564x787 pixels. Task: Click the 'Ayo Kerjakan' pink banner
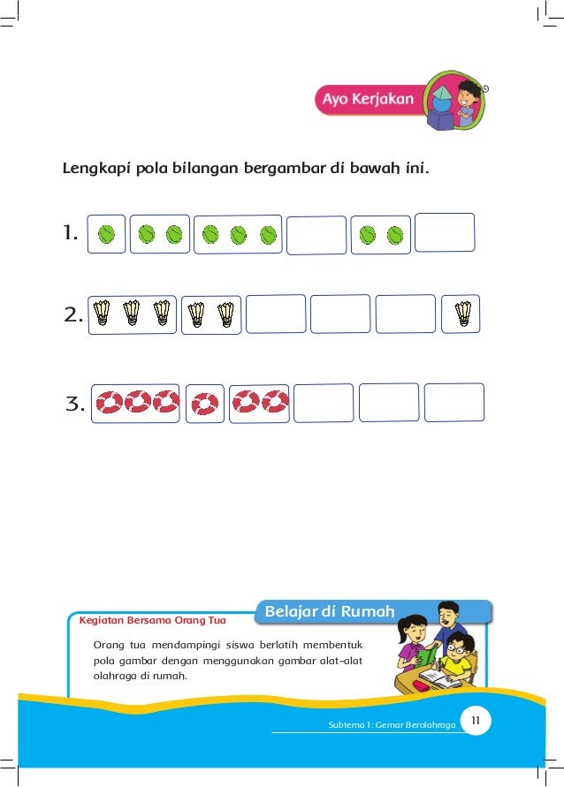tap(367, 100)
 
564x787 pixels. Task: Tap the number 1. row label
tap(71, 234)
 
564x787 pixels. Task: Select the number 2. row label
tap(73, 314)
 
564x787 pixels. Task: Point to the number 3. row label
tap(75, 405)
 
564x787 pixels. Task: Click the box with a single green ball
tap(106, 234)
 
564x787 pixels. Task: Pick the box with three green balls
tap(237, 235)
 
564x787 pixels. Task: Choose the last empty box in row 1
tap(445, 232)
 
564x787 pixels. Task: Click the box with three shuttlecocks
tap(132, 314)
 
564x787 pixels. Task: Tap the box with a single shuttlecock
tap(461, 314)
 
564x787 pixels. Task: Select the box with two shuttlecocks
tap(210, 314)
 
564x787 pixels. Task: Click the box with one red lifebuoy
tap(205, 403)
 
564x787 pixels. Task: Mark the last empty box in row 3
tap(453, 402)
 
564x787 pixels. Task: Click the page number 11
tap(476, 723)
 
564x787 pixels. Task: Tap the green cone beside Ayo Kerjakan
tap(442, 88)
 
